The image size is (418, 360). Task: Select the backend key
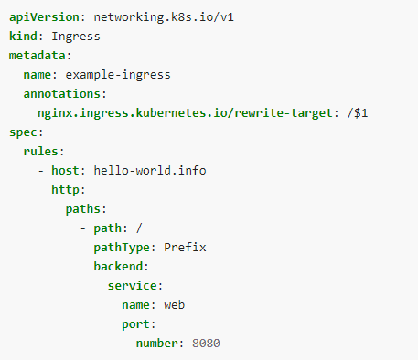(121, 266)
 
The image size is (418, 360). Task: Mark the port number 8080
(207, 343)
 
